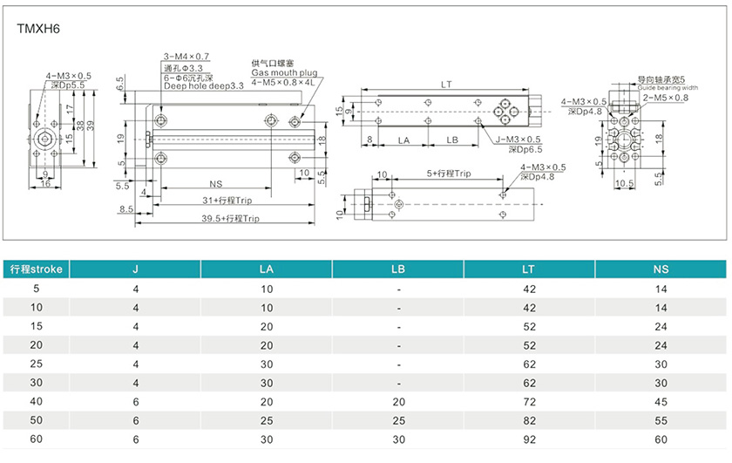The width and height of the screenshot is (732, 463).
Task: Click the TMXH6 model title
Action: coord(37,28)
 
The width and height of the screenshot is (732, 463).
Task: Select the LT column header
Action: coord(528,269)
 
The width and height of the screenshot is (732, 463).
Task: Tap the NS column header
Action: coord(661,269)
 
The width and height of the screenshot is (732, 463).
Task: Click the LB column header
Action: coord(398,269)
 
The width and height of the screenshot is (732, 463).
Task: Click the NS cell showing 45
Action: coord(661,403)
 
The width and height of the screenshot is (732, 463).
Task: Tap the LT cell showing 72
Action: coord(528,403)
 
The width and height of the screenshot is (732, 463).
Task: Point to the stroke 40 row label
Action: coord(36,403)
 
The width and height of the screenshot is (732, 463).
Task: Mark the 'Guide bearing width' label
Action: coord(668,88)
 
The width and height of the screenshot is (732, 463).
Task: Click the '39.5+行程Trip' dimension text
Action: coord(232,219)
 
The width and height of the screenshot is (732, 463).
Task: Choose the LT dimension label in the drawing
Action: coord(446,85)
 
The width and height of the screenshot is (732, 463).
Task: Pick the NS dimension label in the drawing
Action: coord(216,184)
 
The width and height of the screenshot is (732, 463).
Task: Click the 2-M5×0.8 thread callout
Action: coord(665,98)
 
